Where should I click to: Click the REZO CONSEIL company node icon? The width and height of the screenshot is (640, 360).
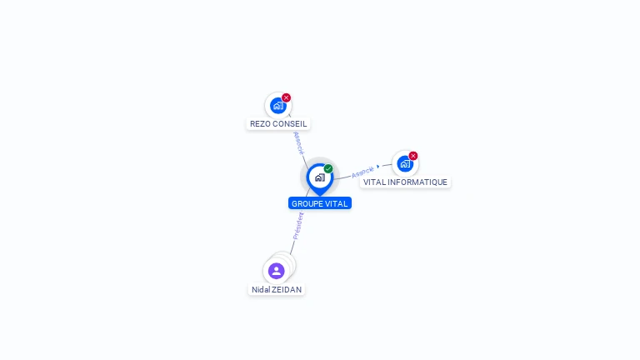[x=277, y=106]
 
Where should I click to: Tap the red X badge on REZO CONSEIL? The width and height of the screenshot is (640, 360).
[x=286, y=97]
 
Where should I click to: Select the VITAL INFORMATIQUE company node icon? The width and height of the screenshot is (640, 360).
[x=405, y=164]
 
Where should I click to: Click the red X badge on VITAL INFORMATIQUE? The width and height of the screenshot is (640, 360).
[x=413, y=156]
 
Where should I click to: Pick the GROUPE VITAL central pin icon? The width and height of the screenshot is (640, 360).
[x=319, y=177]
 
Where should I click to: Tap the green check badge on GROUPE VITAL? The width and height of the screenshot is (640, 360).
[x=328, y=169]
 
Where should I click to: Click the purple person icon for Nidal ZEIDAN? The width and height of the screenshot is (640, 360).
[x=277, y=271]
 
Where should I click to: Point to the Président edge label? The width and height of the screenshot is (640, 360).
[x=298, y=226]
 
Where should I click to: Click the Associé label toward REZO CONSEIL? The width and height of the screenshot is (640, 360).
[x=298, y=142]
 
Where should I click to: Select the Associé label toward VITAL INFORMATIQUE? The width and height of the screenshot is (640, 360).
[x=362, y=172]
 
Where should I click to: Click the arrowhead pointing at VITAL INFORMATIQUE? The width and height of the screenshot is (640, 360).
[x=379, y=167]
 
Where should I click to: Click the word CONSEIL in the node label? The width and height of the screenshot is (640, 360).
[x=290, y=124]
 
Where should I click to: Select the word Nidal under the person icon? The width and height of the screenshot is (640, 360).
[x=261, y=290]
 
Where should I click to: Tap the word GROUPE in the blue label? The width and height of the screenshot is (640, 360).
[x=307, y=203]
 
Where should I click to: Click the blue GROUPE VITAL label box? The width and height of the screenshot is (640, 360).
[x=320, y=203]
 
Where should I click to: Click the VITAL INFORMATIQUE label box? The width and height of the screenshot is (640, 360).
[x=405, y=182]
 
